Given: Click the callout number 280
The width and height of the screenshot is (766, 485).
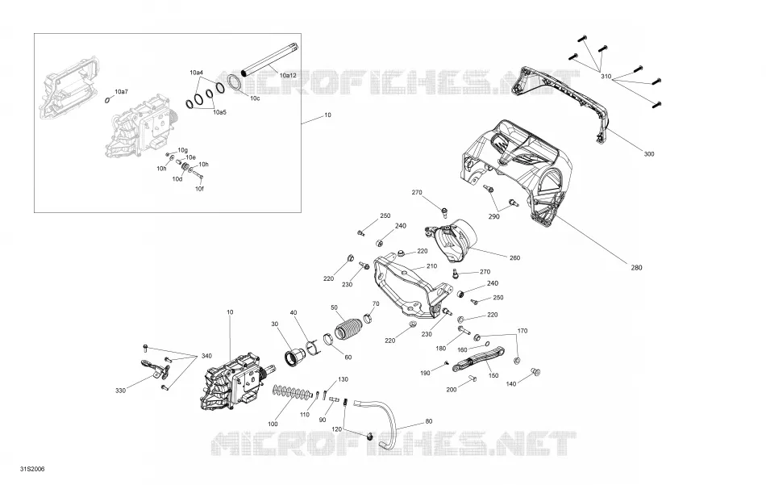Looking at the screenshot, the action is [636, 267].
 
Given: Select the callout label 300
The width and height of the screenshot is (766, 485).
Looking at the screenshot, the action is [649, 154].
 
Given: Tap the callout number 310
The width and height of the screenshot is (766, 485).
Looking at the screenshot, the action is [606, 77].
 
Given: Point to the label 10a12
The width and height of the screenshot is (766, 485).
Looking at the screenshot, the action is [288, 75].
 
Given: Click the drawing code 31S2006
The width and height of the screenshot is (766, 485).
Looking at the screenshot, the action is [32, 470].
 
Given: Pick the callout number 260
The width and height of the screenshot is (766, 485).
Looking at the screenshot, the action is [514, 257].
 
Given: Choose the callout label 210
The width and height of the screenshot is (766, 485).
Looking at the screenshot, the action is [431, 266].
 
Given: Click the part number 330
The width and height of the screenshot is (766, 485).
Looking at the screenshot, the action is [121, 391].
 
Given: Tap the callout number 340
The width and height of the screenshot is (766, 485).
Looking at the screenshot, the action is [206, 356].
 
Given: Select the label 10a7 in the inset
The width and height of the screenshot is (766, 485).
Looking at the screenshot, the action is [121, 92].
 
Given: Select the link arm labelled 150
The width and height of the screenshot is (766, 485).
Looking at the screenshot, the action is [478, 359].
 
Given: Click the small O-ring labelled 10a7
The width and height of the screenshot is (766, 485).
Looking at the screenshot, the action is [107, 101].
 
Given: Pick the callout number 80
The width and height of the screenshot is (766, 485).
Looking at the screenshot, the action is [429, 421].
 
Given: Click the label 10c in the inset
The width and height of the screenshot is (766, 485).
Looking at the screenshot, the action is [255, 98].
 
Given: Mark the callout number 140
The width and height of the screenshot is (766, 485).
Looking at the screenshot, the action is [510, 384].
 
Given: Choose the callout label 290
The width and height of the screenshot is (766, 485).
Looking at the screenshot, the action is [494, 216].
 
